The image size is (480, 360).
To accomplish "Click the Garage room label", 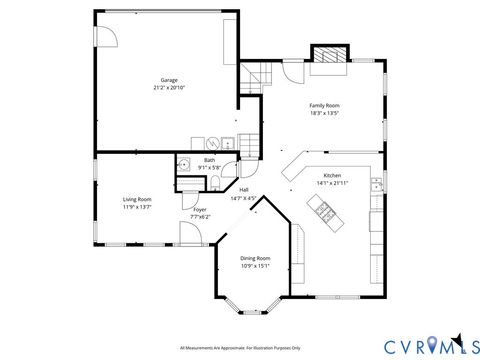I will coord(169,80).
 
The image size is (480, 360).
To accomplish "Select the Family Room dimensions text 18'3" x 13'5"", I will coord(324,113).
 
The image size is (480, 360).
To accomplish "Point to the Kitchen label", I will coord(332,176).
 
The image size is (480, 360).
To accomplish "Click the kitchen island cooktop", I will coord(324,207).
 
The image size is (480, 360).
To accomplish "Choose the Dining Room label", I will coord(255,258).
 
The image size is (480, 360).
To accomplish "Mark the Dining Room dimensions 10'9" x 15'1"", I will coord(255,266).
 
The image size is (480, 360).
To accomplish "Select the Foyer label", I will coord(200,210).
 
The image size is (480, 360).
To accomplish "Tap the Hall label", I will coord(243,190).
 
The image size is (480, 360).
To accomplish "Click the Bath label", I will coord(209,160).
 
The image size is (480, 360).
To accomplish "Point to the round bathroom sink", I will coord(185,164).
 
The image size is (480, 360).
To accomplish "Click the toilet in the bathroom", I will coord(215,182).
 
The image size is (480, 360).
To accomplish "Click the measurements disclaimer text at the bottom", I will coord(240,347).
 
